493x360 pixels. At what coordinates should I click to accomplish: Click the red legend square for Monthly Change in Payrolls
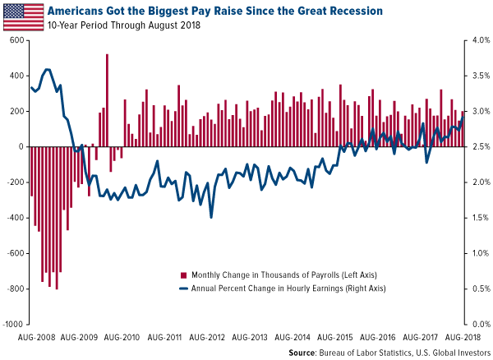pyautogui.click(x=183, y=274)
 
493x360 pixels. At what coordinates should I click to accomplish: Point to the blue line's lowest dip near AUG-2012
pyautogui.click(x=211, y=217)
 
